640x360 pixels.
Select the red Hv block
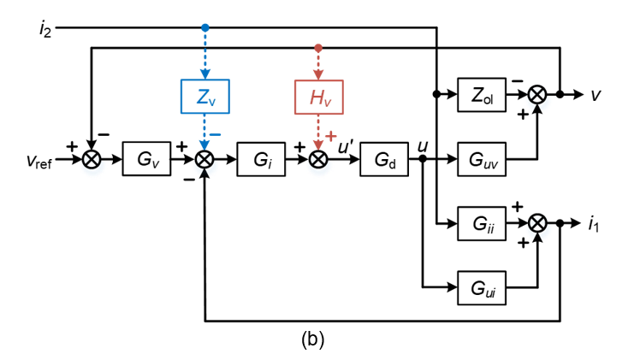pos(318,96)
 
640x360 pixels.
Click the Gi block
pos(261,159)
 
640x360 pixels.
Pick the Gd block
pos(384,159)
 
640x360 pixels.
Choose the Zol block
pos(482,95)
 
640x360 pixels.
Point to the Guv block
pos(482,159)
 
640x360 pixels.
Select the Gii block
pos(482,224)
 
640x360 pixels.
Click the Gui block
pos(482,287)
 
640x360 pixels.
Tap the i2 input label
pos(45,29)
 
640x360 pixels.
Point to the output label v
pos(595,95)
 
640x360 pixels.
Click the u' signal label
pos(346,146)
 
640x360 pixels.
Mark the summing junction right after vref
pos(91,159)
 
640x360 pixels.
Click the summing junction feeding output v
pos(537,95)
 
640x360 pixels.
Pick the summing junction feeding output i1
pos(537,224)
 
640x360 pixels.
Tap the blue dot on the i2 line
pos(205,28)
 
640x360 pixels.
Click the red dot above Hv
pos(318,48)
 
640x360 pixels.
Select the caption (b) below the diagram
pos(312,339)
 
